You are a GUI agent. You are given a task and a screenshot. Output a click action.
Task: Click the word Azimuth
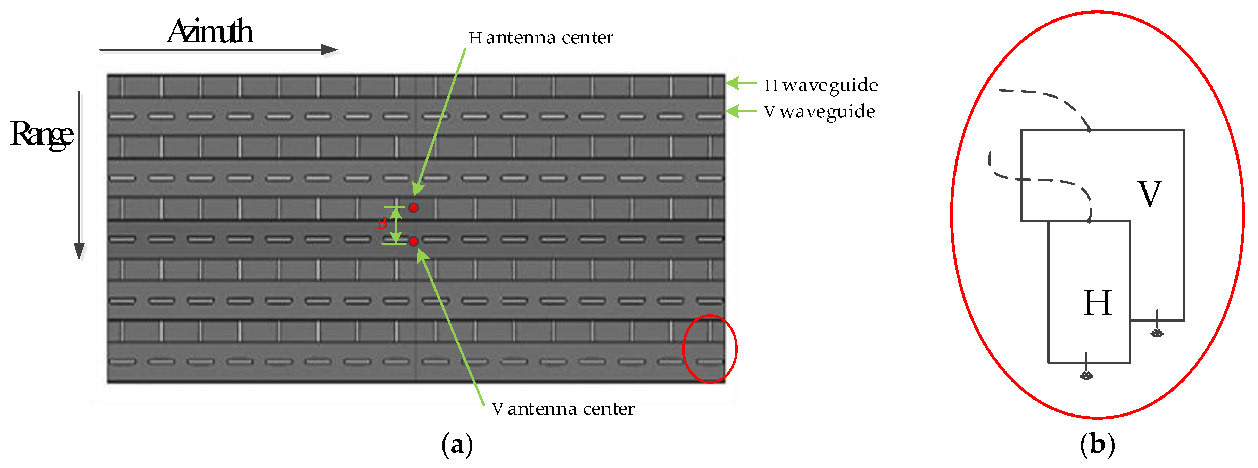210,32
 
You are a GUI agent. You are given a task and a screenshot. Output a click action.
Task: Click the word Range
42,134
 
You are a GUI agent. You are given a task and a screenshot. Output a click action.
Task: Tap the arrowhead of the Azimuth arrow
330,49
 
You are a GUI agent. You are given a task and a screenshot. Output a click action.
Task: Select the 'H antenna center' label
541,37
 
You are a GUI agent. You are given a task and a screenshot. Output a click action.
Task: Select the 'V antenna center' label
563,409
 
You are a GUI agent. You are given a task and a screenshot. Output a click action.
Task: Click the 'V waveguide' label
819,112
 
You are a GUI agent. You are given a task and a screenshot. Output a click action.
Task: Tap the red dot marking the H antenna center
414,208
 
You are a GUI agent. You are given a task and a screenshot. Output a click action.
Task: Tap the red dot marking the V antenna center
414,241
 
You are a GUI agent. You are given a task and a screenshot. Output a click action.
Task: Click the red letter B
382,224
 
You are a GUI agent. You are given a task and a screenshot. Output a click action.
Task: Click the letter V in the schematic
1150,194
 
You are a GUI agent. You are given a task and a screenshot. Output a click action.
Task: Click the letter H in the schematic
1097,303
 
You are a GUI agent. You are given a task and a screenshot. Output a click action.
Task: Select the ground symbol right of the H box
1157,331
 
